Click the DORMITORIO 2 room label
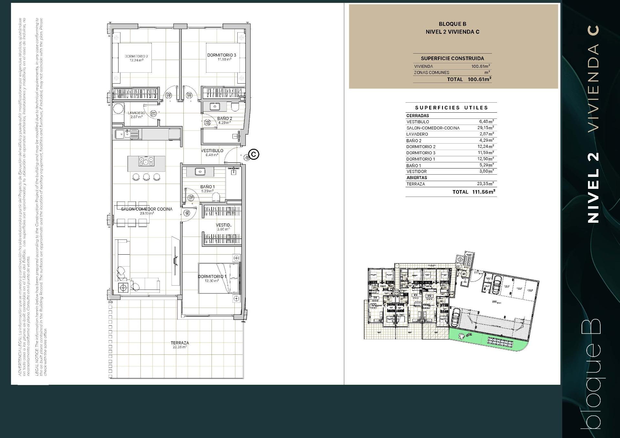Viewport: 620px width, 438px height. point(136,56)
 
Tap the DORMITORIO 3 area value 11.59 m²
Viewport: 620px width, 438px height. point(224,59)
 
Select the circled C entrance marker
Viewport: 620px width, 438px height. point(254,154)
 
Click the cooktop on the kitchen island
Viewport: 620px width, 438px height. point(146,161)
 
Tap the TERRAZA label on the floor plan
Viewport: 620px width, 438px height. point(180,343)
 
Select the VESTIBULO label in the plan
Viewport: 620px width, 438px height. point(212,151)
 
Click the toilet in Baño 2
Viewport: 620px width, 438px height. point(235,107)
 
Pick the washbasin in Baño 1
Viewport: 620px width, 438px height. point(201,171)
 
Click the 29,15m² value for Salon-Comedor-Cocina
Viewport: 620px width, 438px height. point(486,128)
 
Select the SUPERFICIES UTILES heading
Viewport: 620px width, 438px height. point(451,108)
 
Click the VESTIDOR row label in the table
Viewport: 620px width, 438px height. point(417,171)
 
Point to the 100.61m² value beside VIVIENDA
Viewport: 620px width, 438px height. point(480,66)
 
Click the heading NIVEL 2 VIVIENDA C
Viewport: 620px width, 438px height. point(452,32)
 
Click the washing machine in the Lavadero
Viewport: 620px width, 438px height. point(118,108)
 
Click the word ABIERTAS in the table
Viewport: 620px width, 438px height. point(417,178)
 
